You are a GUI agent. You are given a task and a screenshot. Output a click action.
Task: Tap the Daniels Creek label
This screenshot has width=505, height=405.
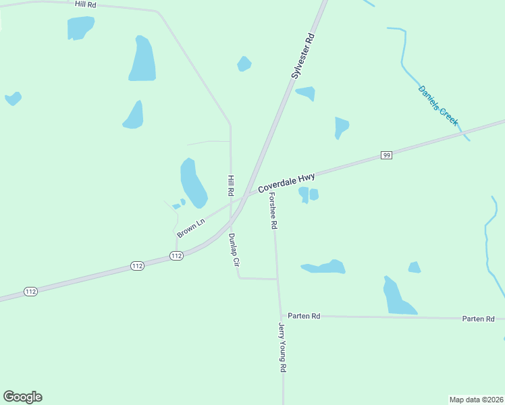click(438, 105)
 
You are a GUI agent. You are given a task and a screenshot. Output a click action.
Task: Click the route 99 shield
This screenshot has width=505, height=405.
click(386, 155)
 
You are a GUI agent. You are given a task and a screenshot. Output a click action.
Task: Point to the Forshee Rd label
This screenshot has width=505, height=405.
click(273, 211)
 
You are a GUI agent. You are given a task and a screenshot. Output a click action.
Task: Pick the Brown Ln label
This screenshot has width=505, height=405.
click(190, 227)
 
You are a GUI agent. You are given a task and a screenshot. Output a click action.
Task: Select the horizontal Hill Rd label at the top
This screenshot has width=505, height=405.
click(86, 4)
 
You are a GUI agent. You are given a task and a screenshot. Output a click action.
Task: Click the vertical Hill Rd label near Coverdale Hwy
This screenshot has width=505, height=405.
click(230, 186)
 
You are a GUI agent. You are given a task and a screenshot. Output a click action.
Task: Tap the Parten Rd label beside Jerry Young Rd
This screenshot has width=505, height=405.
click(303, 315)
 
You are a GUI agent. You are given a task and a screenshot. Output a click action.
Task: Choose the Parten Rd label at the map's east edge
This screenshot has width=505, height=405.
click(478, 319)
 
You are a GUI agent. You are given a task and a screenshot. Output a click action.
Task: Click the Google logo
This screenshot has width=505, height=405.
click(22, 397)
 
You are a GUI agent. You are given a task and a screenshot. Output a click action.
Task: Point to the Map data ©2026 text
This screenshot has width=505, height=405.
click(476, 399)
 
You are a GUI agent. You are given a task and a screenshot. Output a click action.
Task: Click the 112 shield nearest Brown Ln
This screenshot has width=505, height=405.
click(176, 255)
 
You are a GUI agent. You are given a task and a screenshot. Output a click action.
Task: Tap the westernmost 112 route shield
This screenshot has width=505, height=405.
click(30, 291)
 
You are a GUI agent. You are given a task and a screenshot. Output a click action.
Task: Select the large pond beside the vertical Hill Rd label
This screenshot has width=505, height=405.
click(193, 183)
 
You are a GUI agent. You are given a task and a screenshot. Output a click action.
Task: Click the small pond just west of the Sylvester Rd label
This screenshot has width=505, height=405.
click(244, 64)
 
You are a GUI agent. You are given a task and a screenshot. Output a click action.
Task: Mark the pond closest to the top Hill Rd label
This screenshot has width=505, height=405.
click(80, 28)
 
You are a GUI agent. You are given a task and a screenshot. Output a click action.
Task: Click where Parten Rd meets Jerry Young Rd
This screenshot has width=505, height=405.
click(281, 316)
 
